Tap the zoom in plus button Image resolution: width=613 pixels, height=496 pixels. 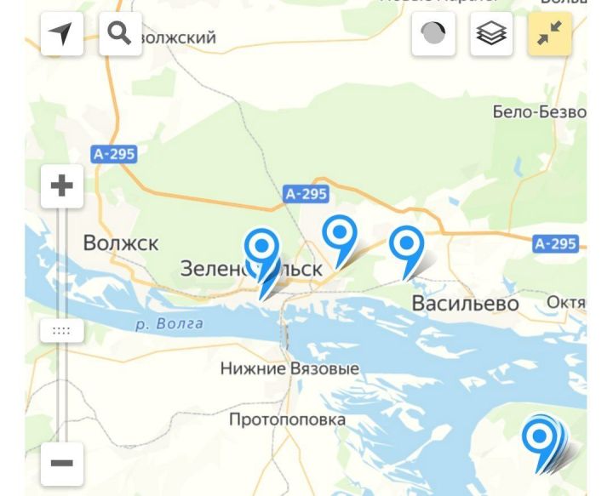[x=61, y=185]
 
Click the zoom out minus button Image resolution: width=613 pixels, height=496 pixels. [x=61, y=463]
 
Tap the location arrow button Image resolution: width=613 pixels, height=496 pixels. [x=61, y=34]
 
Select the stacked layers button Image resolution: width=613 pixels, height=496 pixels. [x=491, y=34]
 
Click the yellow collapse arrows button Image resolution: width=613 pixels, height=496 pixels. [x=549, y=34]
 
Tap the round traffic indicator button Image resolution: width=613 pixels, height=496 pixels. [x=433, y=34]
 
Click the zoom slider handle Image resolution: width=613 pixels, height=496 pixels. [x=61, y=330]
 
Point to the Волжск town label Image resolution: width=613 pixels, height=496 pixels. [x=121, y=243]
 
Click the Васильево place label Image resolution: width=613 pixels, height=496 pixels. [x=465, y=304]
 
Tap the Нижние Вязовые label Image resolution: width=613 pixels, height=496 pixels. [x=289, y=369]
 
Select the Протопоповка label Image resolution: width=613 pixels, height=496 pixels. [x=287, y=419]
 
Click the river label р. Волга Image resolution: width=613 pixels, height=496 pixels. [x=169, y=323]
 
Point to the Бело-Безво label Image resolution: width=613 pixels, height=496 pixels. [x=539, y=112]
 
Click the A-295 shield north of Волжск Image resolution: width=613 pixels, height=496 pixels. [x=114, y=154]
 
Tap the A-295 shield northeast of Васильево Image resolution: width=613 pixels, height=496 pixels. [x=555, y=244]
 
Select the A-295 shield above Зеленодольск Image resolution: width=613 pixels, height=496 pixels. [x=306, y=194]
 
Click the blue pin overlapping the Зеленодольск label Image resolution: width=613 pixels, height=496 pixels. [x=262, y=248]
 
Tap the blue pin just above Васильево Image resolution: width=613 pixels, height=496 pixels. [x=407, y=245]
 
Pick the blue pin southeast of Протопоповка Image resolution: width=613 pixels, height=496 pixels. [x=539, y=438]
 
